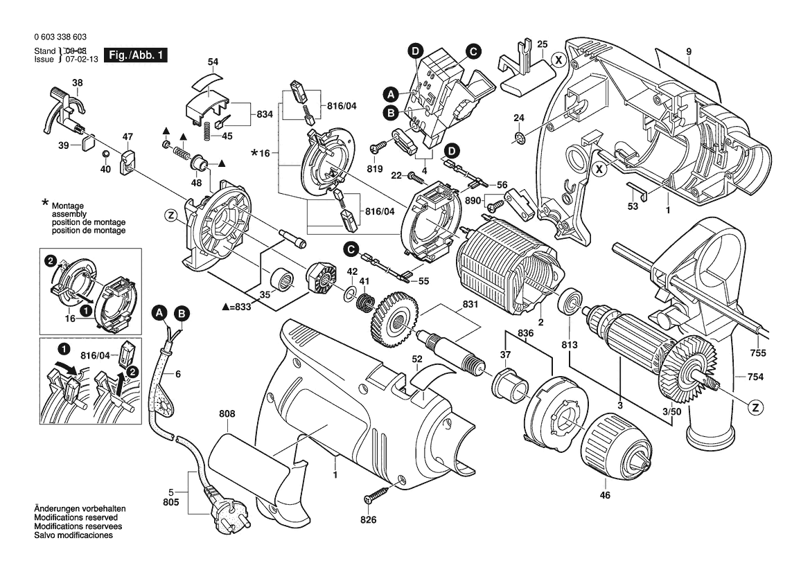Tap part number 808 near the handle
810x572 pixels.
pyautogui.click(x=227, y=414)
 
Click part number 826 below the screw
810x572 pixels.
pyautogui.click(x=369, y=519)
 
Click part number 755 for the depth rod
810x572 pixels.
pyautogui.click(x=757, y=352)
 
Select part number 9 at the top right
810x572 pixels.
pyautogui.click(x=689, y=51)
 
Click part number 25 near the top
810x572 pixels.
pyautogui.click(x=542, y=44)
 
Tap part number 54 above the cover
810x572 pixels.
pyautogui.click(x=213, y=62)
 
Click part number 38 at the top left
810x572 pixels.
pyautogui.click(x=78, y=83)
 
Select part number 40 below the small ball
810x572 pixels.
pyautogui.click(x=105, y=168)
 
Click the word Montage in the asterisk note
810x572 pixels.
pyautogui.click(x=67, y=206)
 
